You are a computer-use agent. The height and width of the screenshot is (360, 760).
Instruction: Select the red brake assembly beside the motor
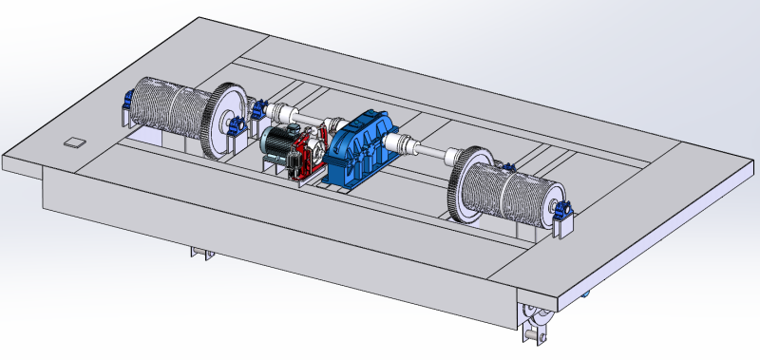coord(303,157)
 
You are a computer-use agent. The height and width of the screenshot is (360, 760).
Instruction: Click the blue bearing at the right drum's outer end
coord(564,210)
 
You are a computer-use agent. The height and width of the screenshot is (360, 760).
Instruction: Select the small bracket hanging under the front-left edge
coord(199,254)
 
